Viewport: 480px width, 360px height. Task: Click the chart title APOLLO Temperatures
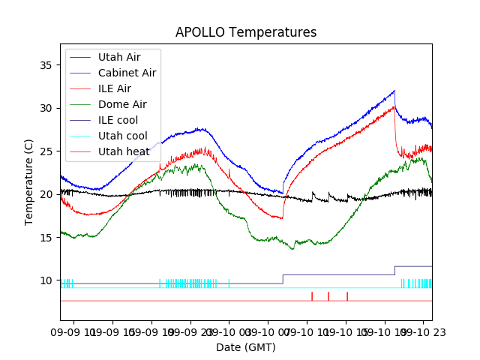[x=246, y=32]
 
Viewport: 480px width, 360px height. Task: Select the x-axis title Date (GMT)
[x=246, y=347]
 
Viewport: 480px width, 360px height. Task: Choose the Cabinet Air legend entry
[x=127, y=73]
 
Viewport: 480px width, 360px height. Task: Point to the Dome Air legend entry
[x=122, y=104]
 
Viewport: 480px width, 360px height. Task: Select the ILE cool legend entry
[x=118, y=120]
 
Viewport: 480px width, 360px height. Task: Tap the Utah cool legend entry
[x=123, y=136]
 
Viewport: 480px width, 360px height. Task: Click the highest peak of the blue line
[x=394, y=91]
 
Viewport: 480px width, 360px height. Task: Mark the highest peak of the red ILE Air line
[x=394, y=106]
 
